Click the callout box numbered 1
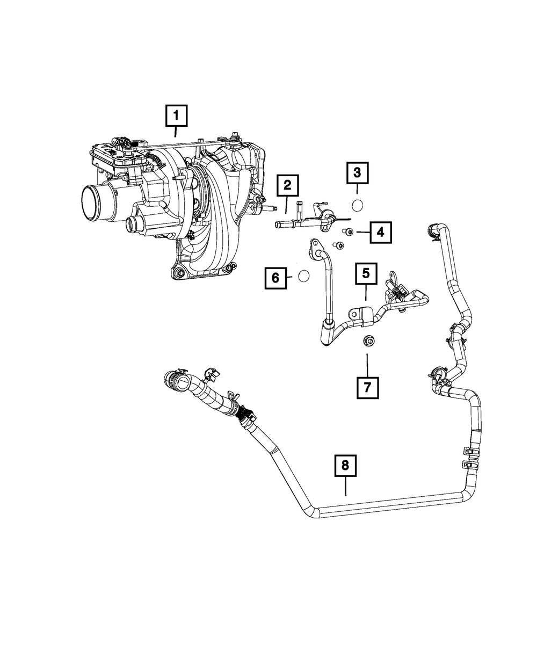click(178, 115)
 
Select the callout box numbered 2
click(287, 186)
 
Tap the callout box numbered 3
click(357, 173)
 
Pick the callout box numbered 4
click(380, 233)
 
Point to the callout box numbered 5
click(366, 273)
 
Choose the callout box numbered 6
click(275, 278)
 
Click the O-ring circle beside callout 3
click(358, 204)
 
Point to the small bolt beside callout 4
click(348, 232)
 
